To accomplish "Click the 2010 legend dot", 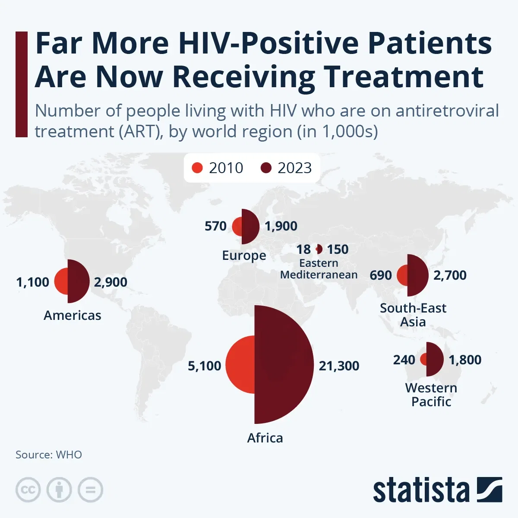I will pos(197,168).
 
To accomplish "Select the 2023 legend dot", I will pos(266,168).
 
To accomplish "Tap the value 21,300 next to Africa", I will pos(339,366).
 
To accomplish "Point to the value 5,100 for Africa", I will pos(204,366).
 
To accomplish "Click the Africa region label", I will pos(265,438).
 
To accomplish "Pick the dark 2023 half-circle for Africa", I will pos(281,364).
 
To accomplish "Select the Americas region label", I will pos(73,315).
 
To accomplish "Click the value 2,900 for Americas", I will pos(111,282).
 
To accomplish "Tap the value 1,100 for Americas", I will pos(33,282).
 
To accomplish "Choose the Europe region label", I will pos(244,255).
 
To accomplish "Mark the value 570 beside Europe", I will pos(215,226).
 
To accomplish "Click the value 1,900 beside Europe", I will pos(281,226).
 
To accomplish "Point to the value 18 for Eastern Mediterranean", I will pos(303,249).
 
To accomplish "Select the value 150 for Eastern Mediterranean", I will pos(338,249).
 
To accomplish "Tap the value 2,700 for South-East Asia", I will pos(450,275).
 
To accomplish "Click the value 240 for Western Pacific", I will pos(404,360).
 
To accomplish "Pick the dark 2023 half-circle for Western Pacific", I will pos(434,359).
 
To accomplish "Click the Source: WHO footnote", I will pos(49,455).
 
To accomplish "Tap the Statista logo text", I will pos(421,490).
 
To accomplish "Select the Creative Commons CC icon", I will pos(28,490).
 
